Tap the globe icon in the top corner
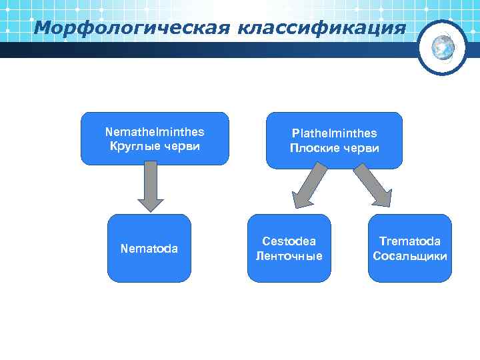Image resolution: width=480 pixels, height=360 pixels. pyautogui.click(x=443, y=47)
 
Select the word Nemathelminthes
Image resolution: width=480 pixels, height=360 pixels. pyautogui.click(x=155, y=132)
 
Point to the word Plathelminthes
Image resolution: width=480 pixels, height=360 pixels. pyautogui.click(x=334, y=134)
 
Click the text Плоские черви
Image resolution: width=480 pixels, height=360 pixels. pyautogui.click(x=334, y=148)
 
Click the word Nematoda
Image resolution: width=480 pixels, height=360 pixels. pyautogui.click(x=149, y=249)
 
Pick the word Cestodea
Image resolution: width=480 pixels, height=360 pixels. pyautogui.click(x=289, y=241)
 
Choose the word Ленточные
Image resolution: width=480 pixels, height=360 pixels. pyautogui.click(x=289, y=256)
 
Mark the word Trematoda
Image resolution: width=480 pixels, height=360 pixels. pyautogui.click(x=410, y=241)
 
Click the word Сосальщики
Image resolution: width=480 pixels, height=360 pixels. pyautogui.click(x=410, y=256)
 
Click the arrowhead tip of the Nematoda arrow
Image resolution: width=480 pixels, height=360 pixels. pyautogui.click(x=151, y=209)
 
